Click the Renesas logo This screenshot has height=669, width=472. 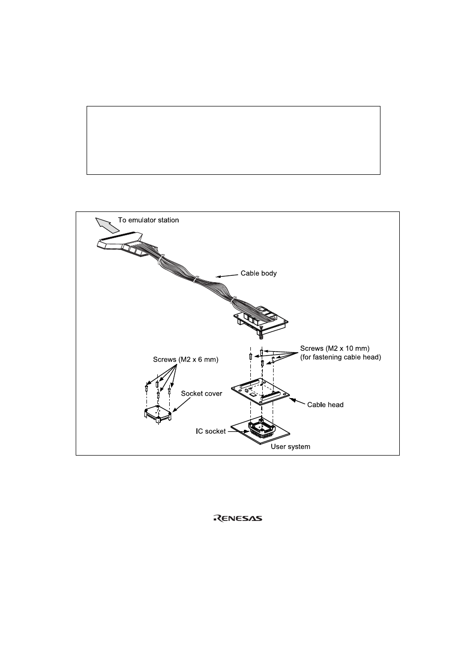238,518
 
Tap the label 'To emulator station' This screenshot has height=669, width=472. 148,220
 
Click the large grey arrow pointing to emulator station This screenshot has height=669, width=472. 107,225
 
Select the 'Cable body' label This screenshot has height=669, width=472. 259,273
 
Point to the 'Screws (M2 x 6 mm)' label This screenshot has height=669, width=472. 186,360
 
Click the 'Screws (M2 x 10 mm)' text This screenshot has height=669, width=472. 335,348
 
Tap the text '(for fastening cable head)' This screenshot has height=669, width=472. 340,357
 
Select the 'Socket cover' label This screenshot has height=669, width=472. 201,394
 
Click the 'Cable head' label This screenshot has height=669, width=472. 325,405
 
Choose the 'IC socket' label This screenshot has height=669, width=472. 211,431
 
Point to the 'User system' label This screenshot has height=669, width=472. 290,447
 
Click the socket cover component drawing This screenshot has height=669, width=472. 158,414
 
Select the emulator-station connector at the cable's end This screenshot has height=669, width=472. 122,243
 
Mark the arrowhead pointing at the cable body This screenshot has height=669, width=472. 218,276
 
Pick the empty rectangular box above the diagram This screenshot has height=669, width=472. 234,140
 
